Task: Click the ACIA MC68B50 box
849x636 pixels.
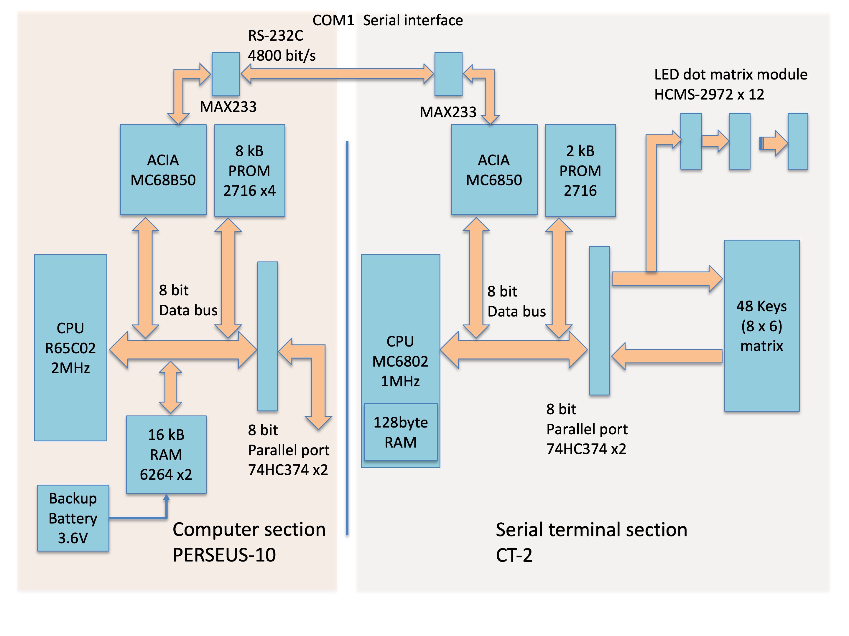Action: (x=163, y=170)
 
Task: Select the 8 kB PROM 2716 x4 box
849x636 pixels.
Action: (x=249, y=170)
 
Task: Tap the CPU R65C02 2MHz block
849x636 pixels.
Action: (x=71, y=347)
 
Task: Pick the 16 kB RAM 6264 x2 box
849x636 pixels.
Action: (x=166, y=454)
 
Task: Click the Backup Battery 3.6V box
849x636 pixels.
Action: (x=73, y=518)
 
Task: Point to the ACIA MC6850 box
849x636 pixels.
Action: (x=494, y=170)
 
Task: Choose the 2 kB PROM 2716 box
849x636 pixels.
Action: (x=580, y=170)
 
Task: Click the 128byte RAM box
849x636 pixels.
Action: (x=401, y=432)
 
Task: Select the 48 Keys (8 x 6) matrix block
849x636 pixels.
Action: (x=761, y=326)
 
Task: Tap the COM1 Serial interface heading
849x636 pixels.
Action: (x=388, y=20)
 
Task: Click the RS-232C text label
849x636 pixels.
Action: (x=276, y=36)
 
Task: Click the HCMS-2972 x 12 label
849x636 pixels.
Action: (x=709, y=94)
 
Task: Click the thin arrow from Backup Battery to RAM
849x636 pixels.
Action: (x=138, y=518)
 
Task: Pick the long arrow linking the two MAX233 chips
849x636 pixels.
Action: (x=337, y=74)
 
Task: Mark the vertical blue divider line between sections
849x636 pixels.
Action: (x=347, y=337)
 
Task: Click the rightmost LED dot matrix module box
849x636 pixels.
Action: (x=798, y=141)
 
